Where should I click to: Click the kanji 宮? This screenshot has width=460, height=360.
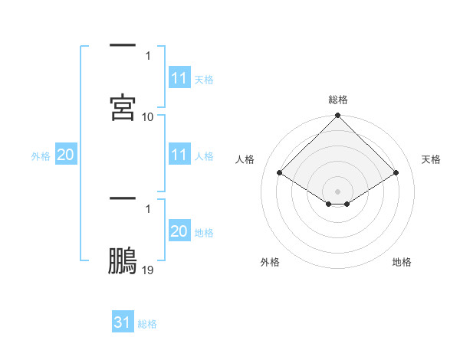pos(123,107)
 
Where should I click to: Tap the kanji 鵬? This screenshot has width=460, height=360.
pos(123,260)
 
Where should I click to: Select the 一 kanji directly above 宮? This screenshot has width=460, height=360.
pos(123,47)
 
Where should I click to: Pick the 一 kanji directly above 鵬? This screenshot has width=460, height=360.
pos(123,199)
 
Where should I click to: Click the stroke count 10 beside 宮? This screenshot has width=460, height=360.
pos(148,116)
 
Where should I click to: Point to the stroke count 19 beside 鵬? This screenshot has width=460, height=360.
pos(148,270)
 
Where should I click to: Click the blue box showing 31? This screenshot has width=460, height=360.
pos(123,322)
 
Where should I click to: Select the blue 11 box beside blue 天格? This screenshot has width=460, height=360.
pos(179,78)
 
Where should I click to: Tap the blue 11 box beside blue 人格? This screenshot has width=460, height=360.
pos(179,155)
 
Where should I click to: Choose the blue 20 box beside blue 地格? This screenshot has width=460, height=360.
pos(179,231)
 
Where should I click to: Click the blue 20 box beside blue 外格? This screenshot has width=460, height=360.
pos(65,155)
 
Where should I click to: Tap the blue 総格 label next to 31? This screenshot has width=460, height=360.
pos(147,324)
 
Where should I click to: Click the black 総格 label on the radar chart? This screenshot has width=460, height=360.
pos(338,100)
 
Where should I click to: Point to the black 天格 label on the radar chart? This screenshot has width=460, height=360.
pos(431,159)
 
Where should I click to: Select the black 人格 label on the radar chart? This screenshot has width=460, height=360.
pos(245,159)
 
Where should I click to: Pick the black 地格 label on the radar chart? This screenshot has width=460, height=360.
pos(402,262)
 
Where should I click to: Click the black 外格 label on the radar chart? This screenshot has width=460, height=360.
pos(270,262)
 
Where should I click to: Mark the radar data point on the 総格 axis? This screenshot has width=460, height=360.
pos(338,116)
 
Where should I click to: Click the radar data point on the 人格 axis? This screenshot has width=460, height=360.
pos(279,172)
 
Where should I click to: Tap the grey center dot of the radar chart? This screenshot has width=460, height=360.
pos(338,191)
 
